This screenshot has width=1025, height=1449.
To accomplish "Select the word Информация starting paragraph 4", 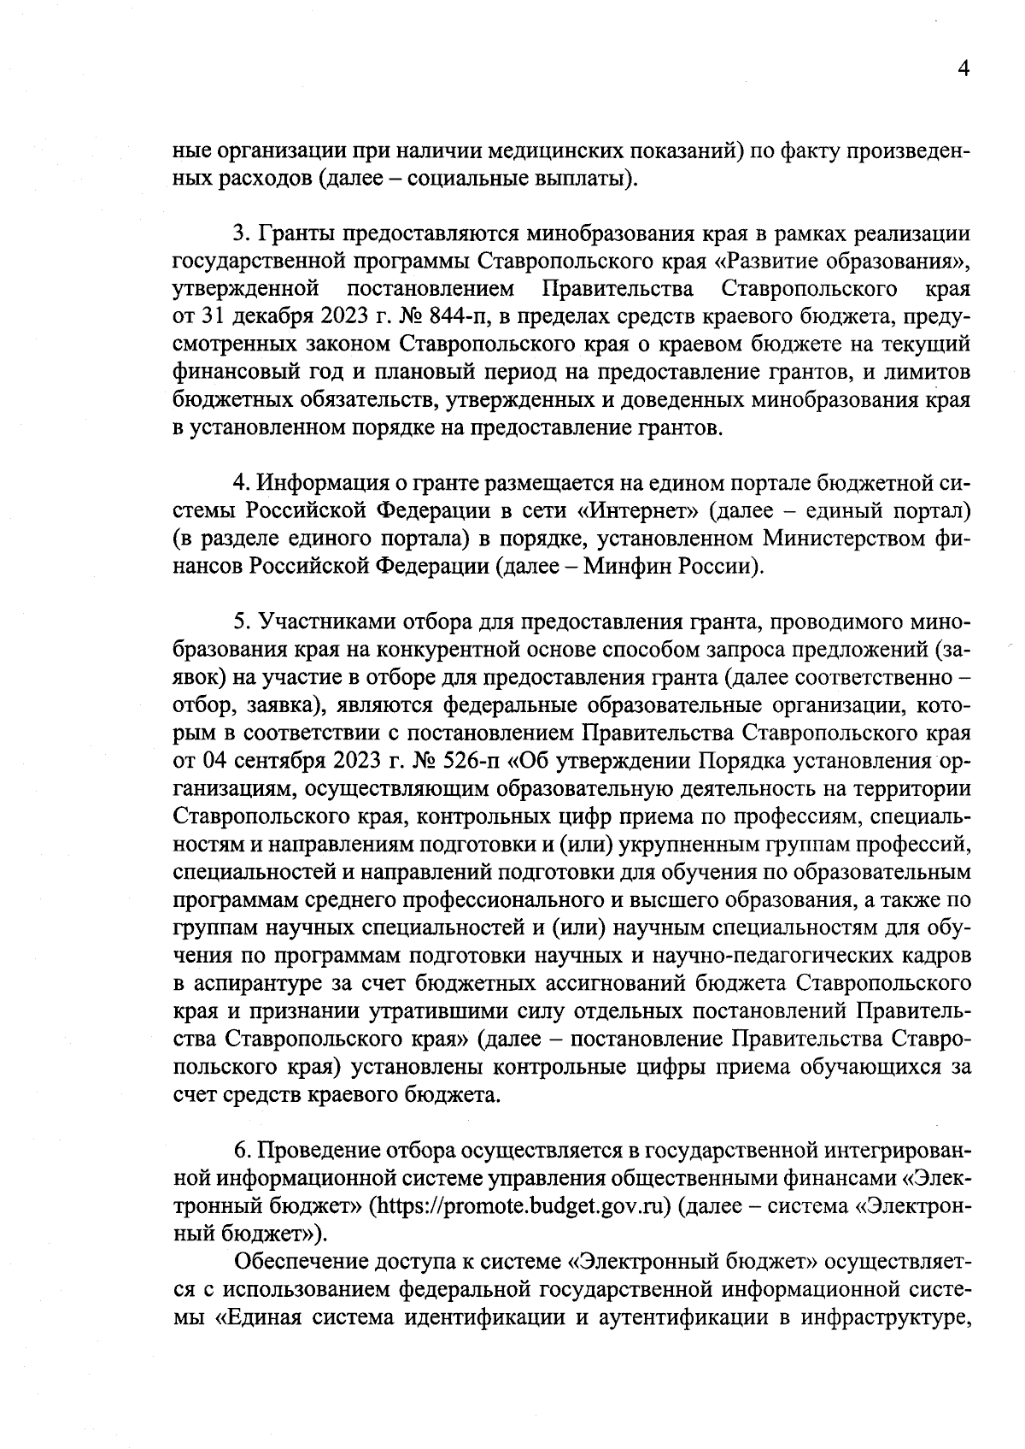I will coord(319,484).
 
